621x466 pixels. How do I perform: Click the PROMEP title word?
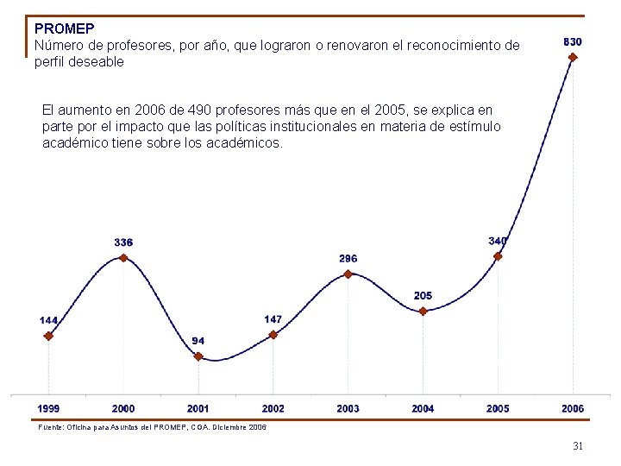(65, 28)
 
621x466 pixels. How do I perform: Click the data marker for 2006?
(573, 58)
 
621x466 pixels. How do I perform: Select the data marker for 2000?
(123, 257)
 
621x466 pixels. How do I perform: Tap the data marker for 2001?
(198, 356)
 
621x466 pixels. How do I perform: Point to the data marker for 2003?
(348, 274)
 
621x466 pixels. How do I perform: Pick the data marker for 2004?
(423, 312)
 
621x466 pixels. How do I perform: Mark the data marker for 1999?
(48, 337)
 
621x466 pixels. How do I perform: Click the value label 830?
(572, 41)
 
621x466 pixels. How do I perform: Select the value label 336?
(123, 242)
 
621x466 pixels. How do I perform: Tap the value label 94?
(198, 341)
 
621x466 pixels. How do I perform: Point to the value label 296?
(348, 259)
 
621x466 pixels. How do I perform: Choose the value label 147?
(273, 319)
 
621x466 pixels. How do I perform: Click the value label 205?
(423, 296)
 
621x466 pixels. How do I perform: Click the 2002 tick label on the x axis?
(273, 408)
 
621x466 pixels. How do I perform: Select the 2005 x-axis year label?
(498, 408)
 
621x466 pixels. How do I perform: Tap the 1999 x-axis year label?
(48, 408)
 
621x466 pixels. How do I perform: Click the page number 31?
(578, 446)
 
